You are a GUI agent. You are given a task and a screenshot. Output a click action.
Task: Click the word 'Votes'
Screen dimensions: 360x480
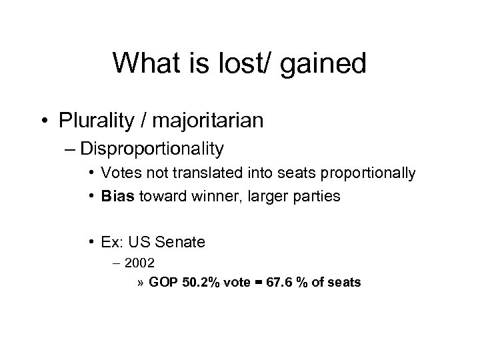pyautogui.click(x=118, y=173)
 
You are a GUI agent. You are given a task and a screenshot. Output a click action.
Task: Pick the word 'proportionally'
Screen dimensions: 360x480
pyautogui.click(x=377, y=173)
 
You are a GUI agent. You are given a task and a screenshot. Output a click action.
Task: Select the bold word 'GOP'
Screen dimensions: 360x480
pyautogui.click(x=163, y=283)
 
